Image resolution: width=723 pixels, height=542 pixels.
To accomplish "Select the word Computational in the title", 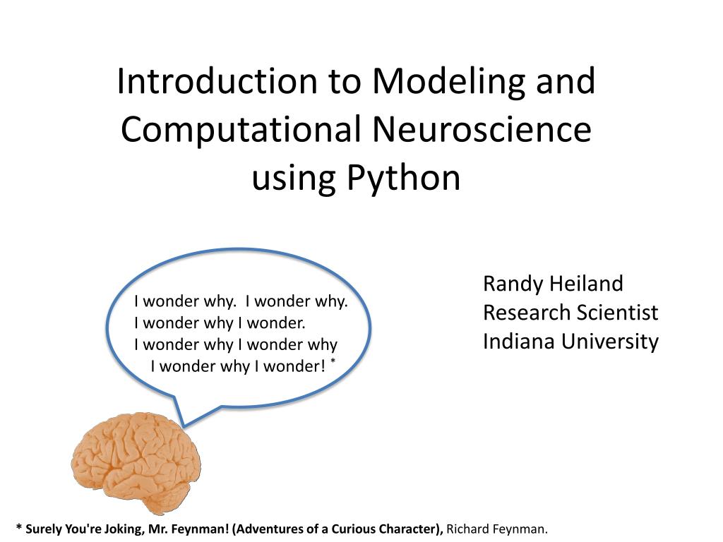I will click(241, 130).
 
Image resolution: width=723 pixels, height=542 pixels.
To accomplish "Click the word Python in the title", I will click(403, 179).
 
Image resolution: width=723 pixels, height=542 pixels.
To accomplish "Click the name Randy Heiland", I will click(553, 284).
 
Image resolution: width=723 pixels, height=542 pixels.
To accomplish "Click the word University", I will click(611, 342).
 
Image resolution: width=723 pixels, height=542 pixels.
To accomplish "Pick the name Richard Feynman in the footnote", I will click(497, 529).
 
